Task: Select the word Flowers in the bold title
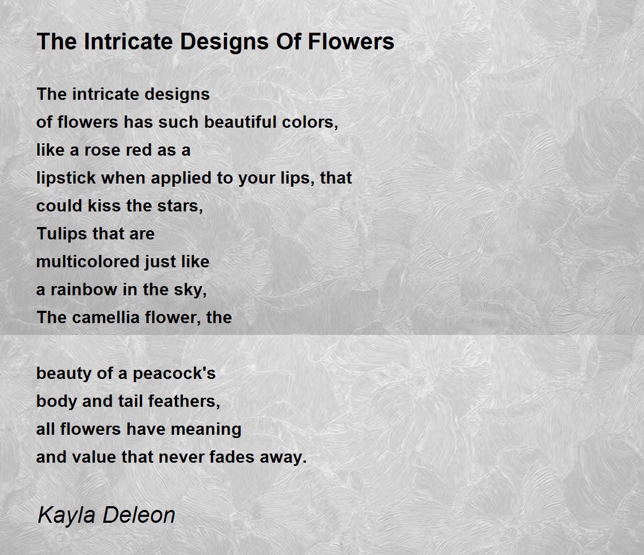coord(351,41)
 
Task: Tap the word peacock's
coord(174,374)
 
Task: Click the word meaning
coord(206,430)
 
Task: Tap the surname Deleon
coord(138,515)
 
